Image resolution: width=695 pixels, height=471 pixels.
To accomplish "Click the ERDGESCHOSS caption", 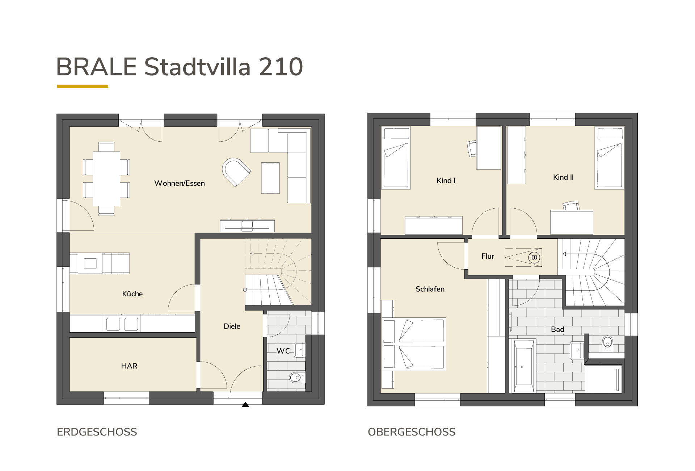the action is click(97, 432).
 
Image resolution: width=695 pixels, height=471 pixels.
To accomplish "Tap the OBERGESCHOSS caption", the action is click(412, 432).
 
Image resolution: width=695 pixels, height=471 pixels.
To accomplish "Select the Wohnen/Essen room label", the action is click(180, 183).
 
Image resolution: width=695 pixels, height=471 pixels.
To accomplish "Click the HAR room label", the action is click(129, 366).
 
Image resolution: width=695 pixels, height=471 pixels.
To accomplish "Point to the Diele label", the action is click(232, 326).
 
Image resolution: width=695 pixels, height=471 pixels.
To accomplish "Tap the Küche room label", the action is click(132, 293).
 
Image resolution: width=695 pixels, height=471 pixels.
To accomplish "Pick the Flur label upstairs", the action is click(488, 256).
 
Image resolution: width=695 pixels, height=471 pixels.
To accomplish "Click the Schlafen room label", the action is click(430, 289).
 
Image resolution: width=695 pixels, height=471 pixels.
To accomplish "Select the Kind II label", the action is click(563, 177).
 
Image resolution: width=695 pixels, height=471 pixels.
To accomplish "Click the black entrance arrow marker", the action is click(245, 405).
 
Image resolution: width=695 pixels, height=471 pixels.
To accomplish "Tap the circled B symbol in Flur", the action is click(534, 258).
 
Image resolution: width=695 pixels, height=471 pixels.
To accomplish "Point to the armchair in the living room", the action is click(236, 172).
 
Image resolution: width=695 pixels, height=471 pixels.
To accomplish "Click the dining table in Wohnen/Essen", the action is click(106, 179).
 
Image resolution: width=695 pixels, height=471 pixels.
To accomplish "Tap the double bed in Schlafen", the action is click(414, 344).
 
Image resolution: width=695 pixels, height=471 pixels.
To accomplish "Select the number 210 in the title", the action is click(281, 67).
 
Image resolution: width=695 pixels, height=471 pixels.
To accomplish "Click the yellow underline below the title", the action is click(83, 86).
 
